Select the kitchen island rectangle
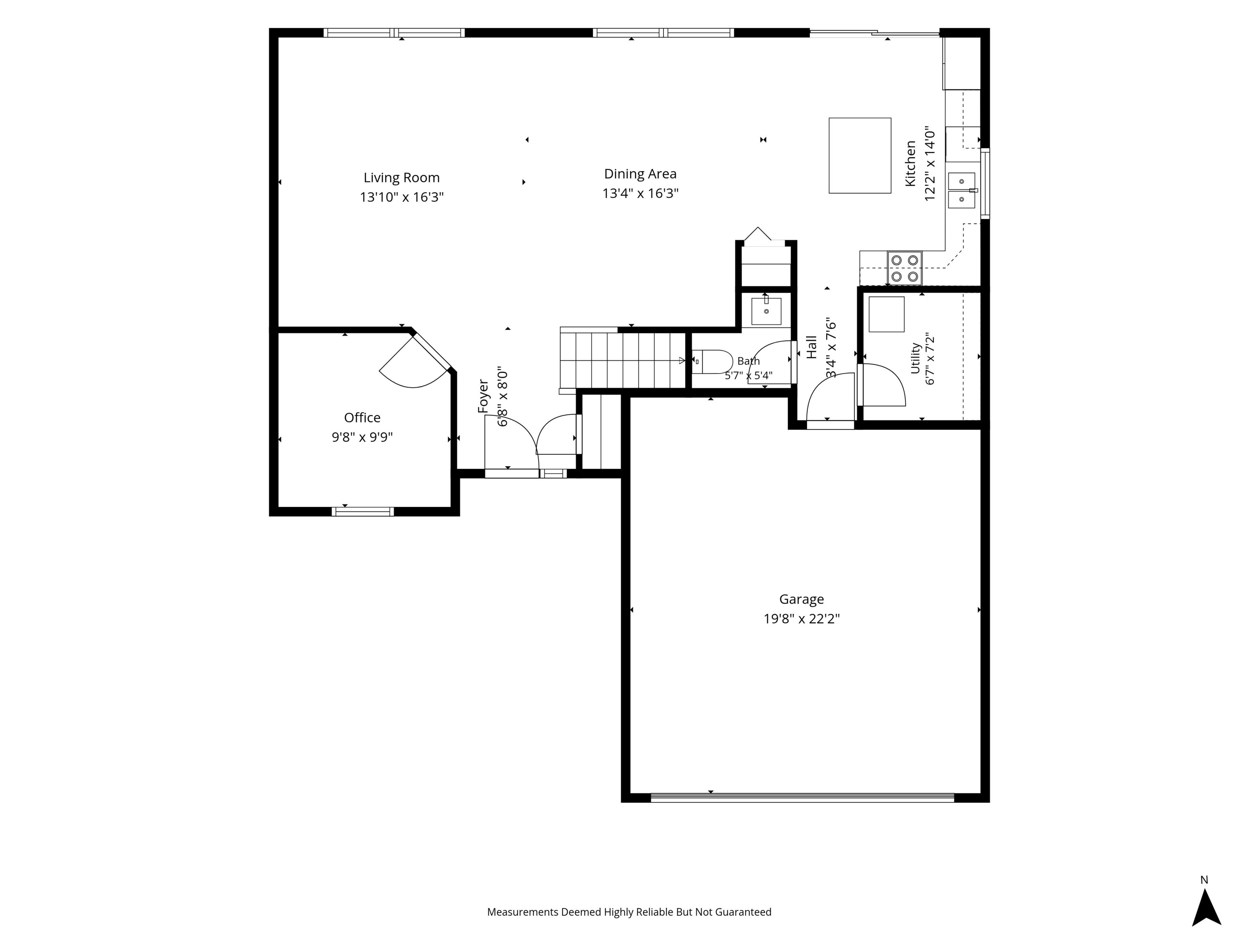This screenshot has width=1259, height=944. tap(859, 155)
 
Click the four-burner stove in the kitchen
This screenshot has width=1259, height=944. tap(904, 268)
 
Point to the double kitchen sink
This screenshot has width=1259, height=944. tap(961, 191)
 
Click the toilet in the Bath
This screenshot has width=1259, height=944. tap(713, 361)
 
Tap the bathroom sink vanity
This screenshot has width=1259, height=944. tap(766, 311)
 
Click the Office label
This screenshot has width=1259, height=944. tap(362, 418)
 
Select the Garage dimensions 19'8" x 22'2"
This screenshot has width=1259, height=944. tap(801, 619)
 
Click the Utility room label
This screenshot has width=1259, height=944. tap(916, 358)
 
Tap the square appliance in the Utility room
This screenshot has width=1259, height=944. tap(886, 314)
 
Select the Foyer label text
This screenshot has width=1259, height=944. tap(483, 396)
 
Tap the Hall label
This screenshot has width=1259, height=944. tap(811, 347)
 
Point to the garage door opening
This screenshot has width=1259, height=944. tap(802, 798)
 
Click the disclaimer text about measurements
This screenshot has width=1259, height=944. tap(629, 912)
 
